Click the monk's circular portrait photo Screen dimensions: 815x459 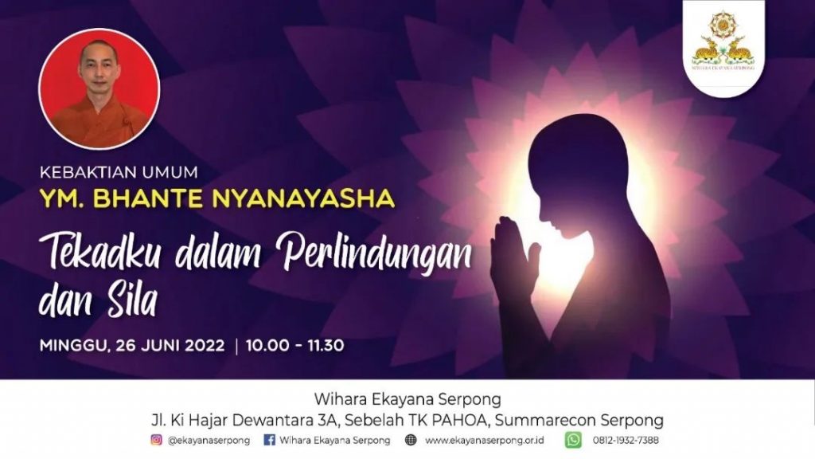pyautogui.click(x=99, y=89)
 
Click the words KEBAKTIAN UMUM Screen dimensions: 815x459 pyautogui.click(x=119, y=172)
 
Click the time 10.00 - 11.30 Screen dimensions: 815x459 pyautogui.click(x=294, y=346)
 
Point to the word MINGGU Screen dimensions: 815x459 pyautogui.click(x=74, y=346)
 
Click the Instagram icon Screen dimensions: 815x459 pyautogui.click(x=157, y=440)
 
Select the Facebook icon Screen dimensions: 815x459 pyautogui.click(x=269, y=440)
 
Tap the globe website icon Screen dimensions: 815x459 pyautogui.click(x=411, y=440)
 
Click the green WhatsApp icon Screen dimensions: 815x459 pyautogui.click(x=573, y=440)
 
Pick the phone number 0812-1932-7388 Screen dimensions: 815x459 pyautogui.click(x=626, y=440)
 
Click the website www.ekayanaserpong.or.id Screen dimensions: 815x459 pyautogui.click(x=485, y=440)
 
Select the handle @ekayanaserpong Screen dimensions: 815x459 pyautogui.click(x=209, y=440)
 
